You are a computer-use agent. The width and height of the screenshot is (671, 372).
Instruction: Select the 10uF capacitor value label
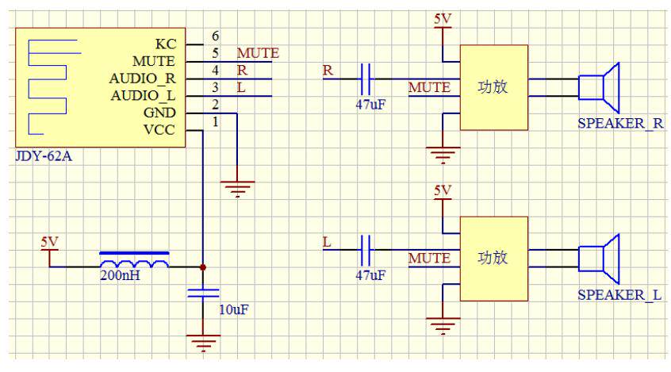point(233,309)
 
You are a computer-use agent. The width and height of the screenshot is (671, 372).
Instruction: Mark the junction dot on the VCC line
point(204,267)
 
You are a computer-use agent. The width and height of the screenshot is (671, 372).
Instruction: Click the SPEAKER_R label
point(619,124)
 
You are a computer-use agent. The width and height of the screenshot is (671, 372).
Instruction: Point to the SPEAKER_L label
point(619,295)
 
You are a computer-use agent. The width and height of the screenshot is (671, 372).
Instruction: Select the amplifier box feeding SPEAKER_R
point(493,86)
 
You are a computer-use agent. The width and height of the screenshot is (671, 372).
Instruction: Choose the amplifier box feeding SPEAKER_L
point(493,258)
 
